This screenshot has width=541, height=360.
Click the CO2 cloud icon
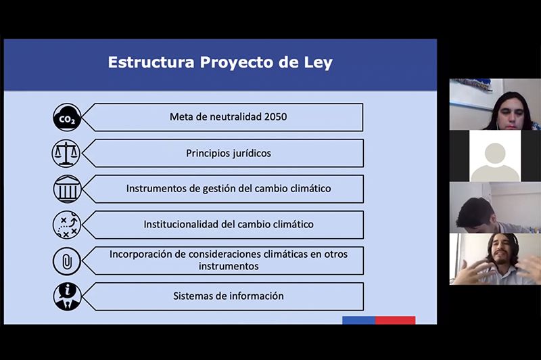tap(67, 117)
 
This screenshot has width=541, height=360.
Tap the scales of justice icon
tap(66, 153)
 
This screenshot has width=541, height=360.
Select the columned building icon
tap(67, 189)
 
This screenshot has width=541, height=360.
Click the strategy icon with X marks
tap(66, 225)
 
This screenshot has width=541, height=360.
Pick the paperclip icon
tap(66, 261)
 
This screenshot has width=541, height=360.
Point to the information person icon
tap(67, 296)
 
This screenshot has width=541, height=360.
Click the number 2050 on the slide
tap(275, 116)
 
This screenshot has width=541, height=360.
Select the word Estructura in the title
tap(151, 62)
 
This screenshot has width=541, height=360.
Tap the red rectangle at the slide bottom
tap(396, 320)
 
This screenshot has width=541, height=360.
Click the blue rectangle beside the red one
tap(359, 320)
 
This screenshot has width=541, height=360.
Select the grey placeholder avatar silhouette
tap(495, 162)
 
